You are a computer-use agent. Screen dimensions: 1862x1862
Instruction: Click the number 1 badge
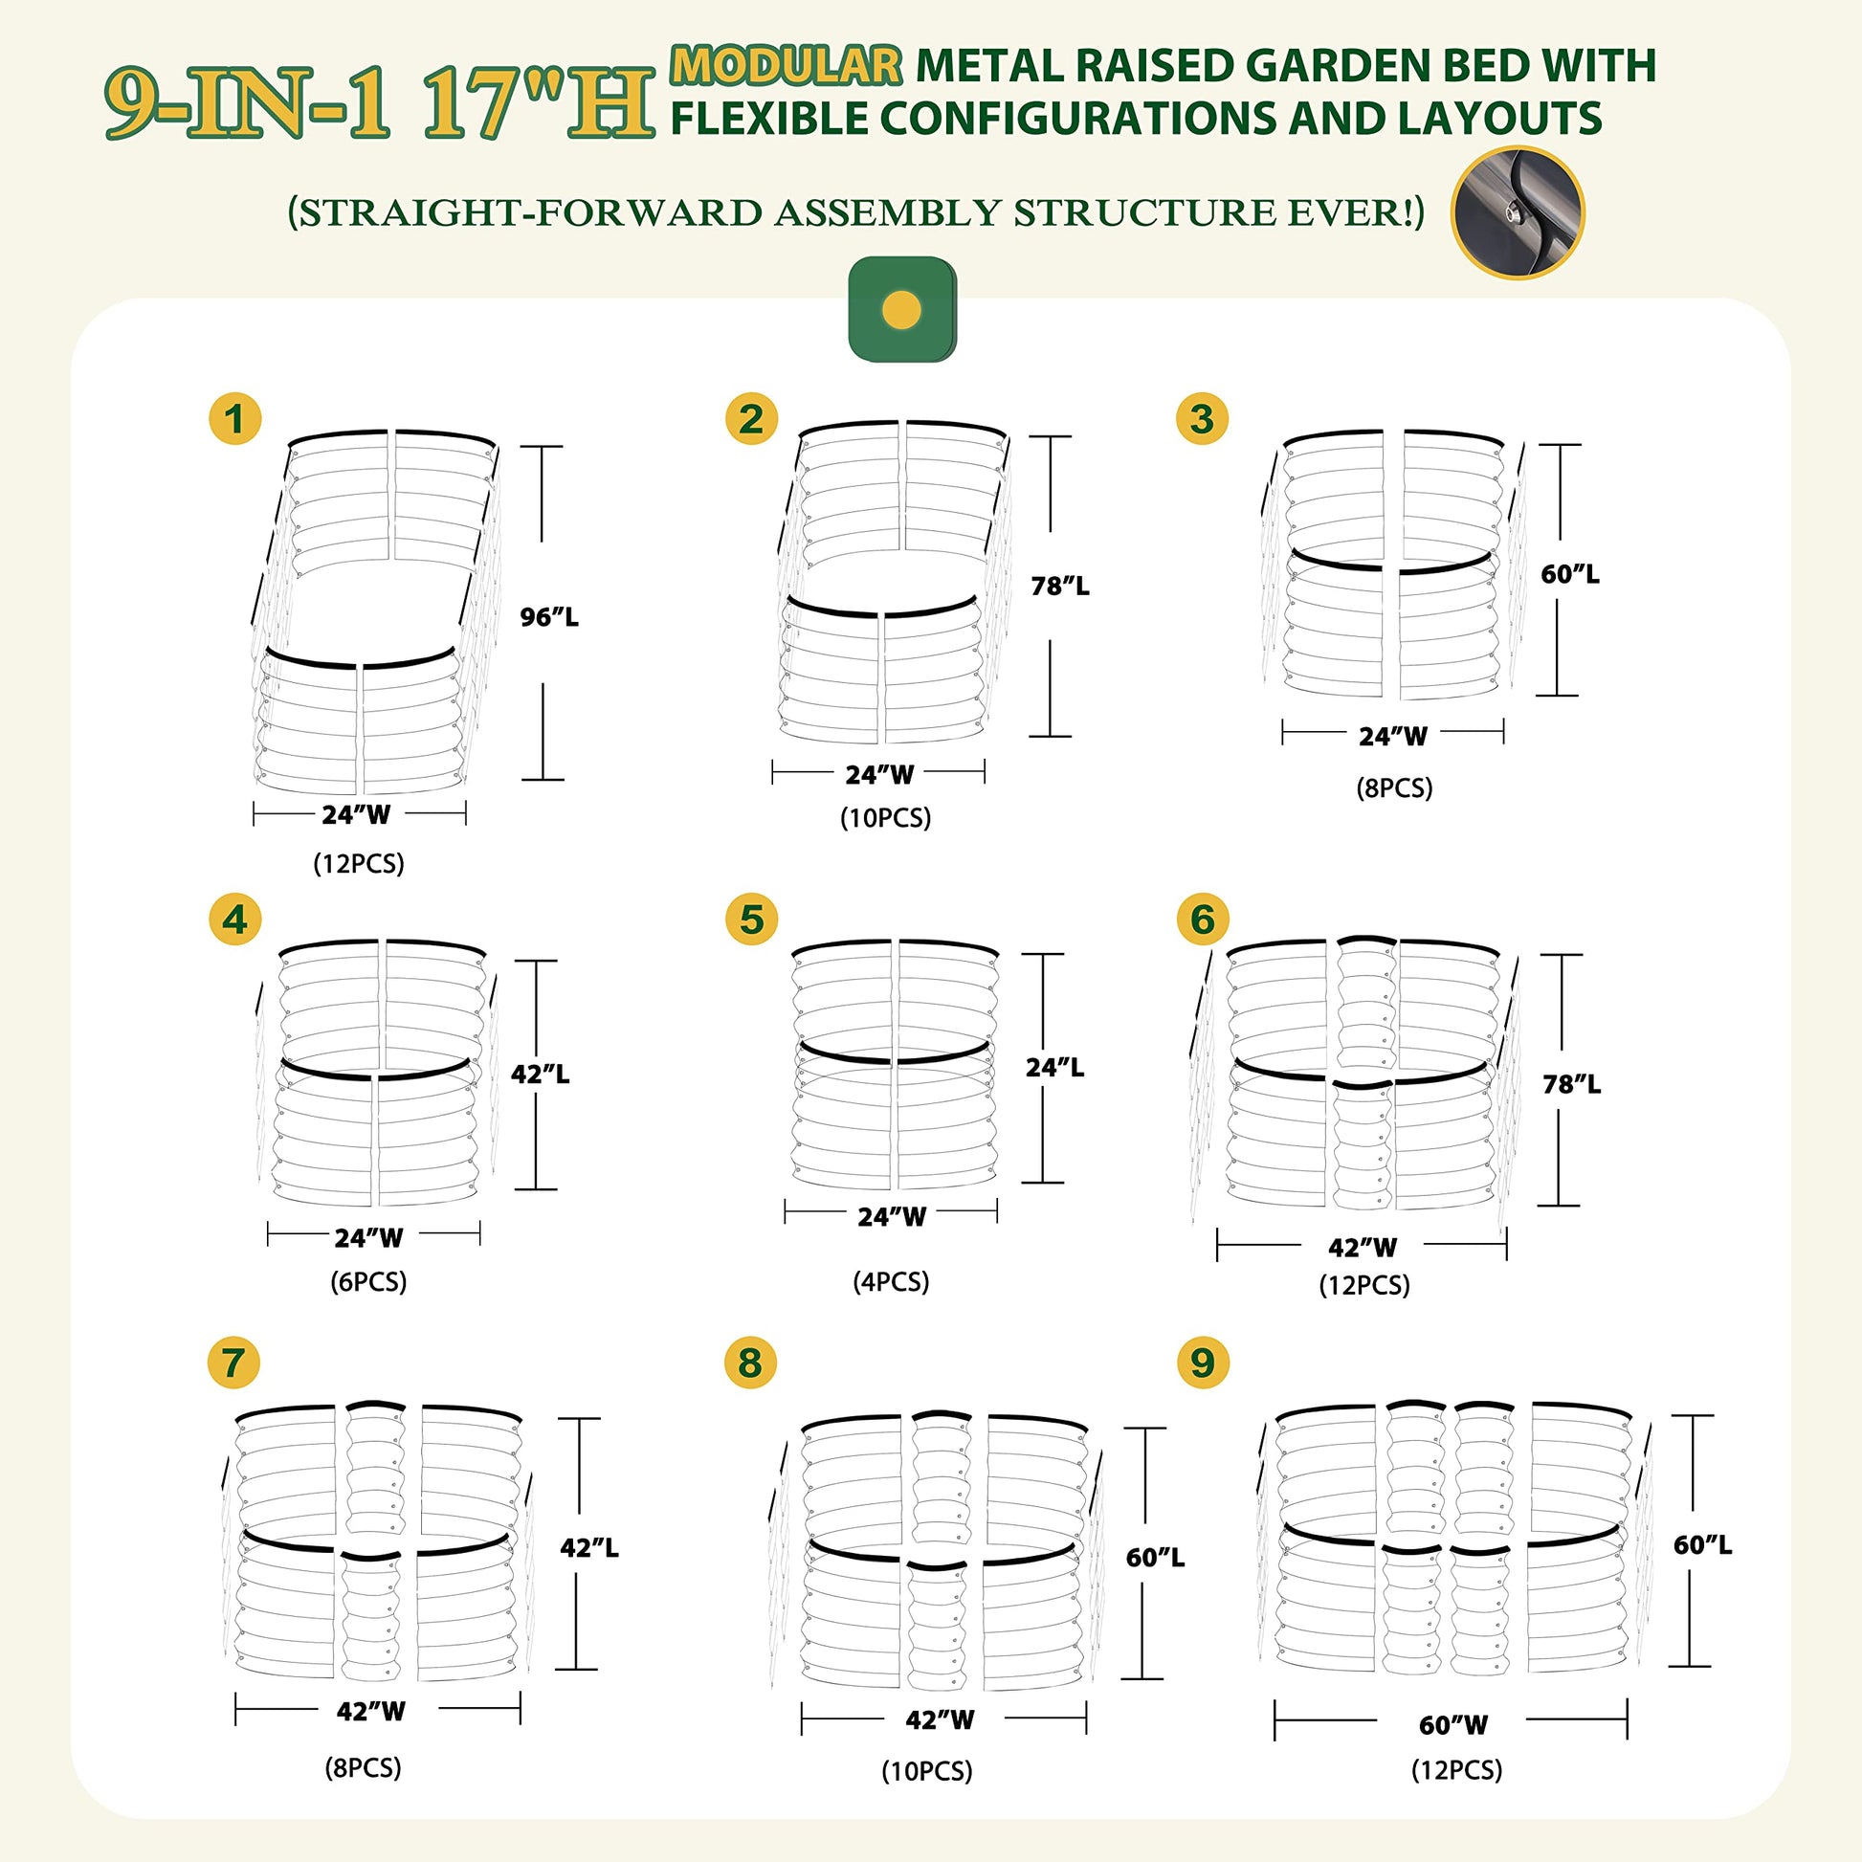(235, 418)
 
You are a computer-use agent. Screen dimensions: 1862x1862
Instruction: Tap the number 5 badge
(752, 920)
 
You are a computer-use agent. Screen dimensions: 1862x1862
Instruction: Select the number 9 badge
(1203, 1363)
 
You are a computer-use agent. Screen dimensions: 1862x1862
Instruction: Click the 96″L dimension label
(549, 617)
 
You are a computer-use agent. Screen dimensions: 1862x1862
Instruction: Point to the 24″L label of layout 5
(1054, 1068)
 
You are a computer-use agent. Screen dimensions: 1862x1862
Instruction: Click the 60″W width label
(1453, 1725)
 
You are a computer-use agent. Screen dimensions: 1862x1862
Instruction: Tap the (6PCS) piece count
(369, 1282)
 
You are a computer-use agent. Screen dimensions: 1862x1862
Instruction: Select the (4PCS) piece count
(892, 1282)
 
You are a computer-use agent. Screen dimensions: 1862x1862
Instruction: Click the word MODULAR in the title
(787, 65)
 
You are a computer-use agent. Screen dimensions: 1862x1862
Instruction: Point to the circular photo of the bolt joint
(1518, 213)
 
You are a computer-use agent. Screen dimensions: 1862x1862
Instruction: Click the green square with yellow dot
(902, 309)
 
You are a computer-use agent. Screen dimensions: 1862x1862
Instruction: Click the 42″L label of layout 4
(540, 1074)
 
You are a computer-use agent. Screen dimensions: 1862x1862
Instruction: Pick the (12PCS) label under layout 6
(1364, 1285)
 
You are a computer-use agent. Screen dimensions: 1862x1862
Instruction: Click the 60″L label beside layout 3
(1570, 574)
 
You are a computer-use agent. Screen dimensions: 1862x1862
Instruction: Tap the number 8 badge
(751, 1363)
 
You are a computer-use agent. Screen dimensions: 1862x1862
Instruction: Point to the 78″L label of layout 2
(1060, 586)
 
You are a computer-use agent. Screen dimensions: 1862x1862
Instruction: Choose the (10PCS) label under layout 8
(927, 1771)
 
